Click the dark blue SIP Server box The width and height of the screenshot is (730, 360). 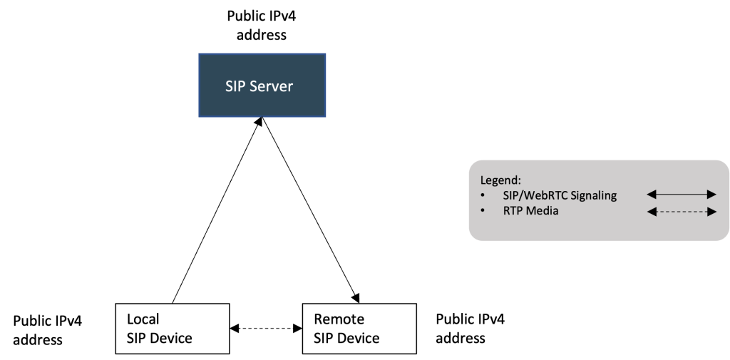click(262, 86)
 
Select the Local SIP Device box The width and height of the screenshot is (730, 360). click(173, 329)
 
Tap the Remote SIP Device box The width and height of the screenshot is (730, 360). click(359, 329)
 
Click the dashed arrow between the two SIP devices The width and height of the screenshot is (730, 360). click(266, 329)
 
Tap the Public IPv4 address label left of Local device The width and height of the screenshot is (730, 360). click(48, 330)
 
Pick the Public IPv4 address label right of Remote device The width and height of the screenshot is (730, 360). click(470, 328)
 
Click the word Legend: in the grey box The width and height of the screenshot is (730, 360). click(500, 180)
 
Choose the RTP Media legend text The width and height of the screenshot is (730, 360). click(530, 210)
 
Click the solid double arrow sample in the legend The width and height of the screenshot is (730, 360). click(681, 194)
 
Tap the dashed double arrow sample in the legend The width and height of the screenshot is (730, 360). click(681, 211)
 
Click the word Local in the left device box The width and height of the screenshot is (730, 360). click(143, 319)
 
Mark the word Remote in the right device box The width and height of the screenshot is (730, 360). click(339, 319)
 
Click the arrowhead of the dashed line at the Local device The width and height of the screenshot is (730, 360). click(235, 329)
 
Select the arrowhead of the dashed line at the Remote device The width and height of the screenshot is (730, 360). click(298, 329)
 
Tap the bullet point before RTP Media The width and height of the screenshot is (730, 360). click(484, 211)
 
